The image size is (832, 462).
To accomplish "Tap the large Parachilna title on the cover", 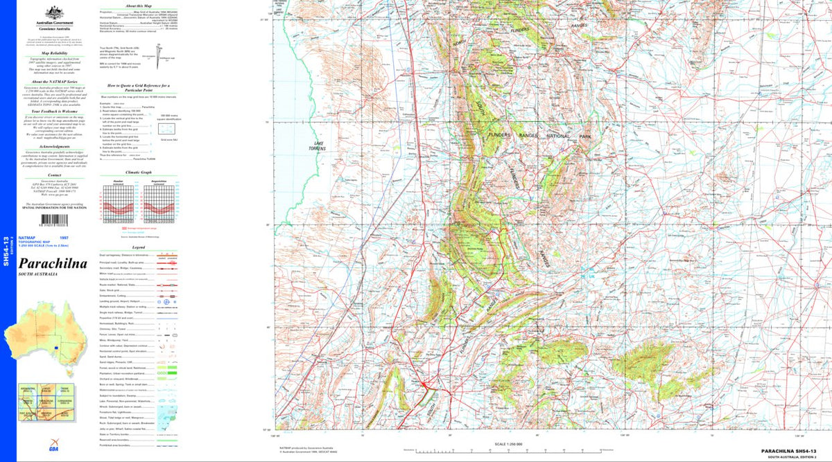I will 53,265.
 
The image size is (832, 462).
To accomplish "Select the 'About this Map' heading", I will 130,6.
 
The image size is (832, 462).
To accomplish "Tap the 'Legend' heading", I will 138,247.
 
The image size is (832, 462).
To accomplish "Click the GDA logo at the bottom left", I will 53,447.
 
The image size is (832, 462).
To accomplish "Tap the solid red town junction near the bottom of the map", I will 424,383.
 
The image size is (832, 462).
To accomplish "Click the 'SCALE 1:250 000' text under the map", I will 508,444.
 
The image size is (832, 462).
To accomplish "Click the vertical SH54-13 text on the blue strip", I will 6,249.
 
